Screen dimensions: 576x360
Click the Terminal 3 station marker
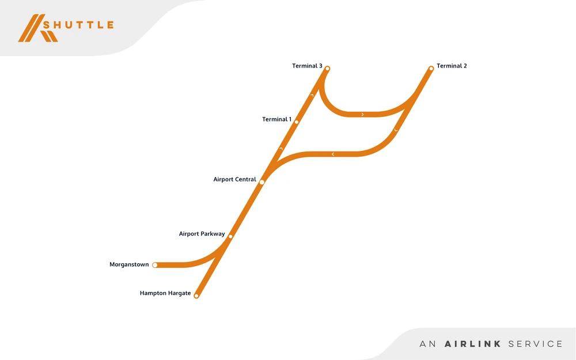coord(327,69)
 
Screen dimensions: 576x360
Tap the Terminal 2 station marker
coord(431,69)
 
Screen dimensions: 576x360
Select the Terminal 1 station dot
coord(297,122)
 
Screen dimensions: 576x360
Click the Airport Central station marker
coord(262,182)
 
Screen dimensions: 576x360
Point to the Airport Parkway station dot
coord(230,236)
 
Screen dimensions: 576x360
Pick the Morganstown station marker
coord(155,265)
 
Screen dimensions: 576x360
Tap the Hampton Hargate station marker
coord(196,296)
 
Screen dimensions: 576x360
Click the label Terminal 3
coord(307,66)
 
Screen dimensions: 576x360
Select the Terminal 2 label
coord(452,66)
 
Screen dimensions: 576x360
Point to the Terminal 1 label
coord(277,119)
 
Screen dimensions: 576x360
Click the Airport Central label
coord(234,179)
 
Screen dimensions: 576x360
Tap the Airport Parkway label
coord(202,234)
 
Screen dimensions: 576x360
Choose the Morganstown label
coord(129,265)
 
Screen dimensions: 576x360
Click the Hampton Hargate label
coord(165,293)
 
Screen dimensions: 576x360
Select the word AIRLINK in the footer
coord(472,344)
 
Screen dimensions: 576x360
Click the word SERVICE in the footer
coord(535,344)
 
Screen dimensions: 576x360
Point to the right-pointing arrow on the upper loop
coord(362,115)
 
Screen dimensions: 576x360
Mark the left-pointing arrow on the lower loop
coord(333,154)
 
